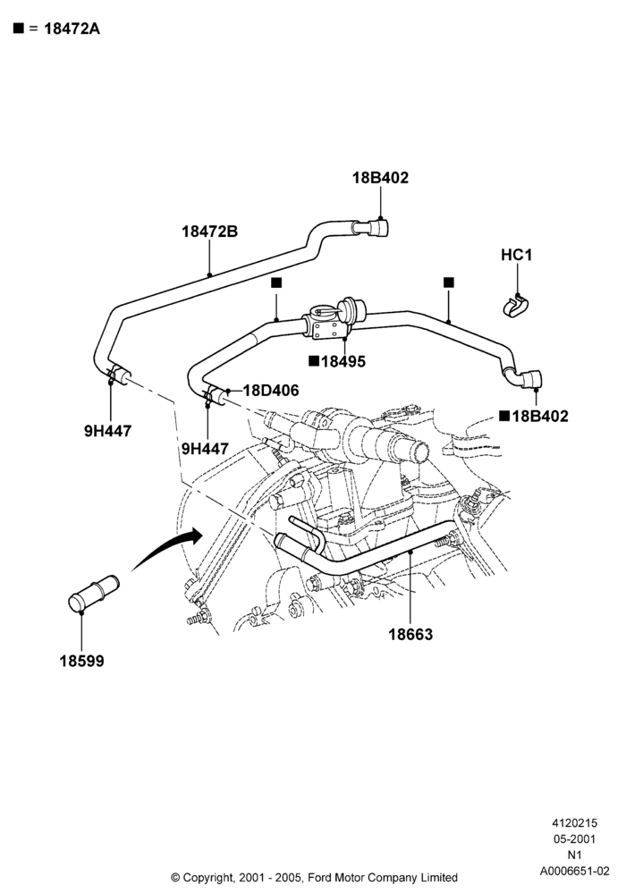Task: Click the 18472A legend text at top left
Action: [72, 29]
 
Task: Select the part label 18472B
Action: [210, 232]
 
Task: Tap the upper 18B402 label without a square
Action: [380, 177]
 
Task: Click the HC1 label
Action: [517, 254]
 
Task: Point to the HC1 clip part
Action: [516, 306]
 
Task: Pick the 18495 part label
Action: [343, 361]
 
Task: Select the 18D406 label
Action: [271, 391]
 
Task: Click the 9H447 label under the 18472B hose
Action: [107, 431]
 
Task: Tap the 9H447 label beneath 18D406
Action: [205, 450]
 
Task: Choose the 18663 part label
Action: [410, 634]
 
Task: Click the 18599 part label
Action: [82, 662]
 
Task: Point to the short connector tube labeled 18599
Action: [94, 595]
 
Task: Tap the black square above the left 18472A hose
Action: [276, 283]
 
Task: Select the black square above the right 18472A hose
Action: [449, 283]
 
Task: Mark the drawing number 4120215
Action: [574, 822]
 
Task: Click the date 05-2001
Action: [574, 839]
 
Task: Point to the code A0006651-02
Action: [575, 871]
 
